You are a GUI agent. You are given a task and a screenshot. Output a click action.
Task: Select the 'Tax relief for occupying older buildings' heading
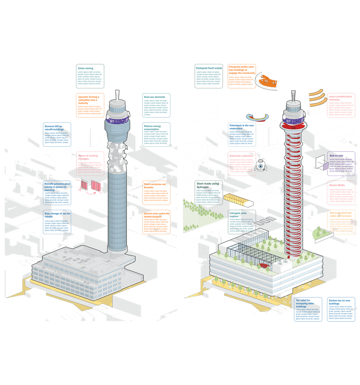pos(306,303)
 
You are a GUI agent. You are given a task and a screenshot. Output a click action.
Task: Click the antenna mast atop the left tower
pos(118,94)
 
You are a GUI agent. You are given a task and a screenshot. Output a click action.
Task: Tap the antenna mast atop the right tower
pos(293,95)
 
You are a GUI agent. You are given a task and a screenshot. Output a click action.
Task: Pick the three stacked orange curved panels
pos(317,97)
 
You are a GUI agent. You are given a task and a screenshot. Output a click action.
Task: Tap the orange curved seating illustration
pos(267,80)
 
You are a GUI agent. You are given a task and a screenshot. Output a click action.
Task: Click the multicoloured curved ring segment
pos(257,118)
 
